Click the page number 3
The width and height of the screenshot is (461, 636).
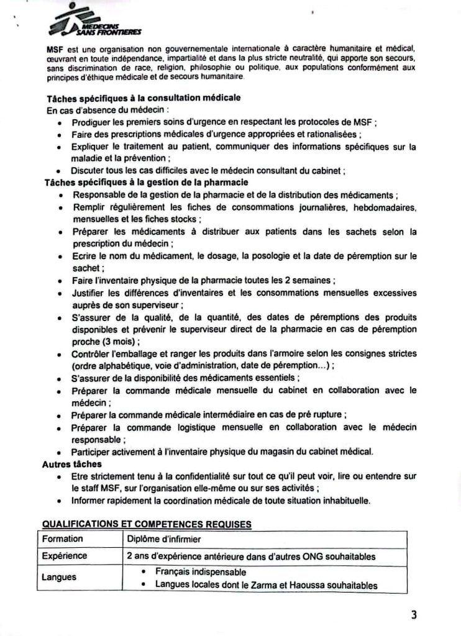pos(414,615)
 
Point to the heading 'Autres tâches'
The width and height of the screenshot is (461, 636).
pos(72,464)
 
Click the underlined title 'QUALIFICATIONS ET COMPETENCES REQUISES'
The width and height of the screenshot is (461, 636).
pos(147,524)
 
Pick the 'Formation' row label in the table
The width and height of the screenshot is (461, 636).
pos(62,539)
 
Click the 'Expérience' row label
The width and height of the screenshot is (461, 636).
pos(64,556)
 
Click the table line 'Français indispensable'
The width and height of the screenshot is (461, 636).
pos(201,571)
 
